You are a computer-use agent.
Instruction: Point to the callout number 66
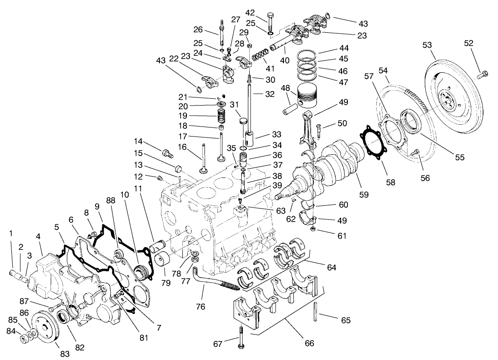coord(309,344)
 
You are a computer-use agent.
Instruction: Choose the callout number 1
coord(11,233)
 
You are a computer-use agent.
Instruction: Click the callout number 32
coord(270,95)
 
